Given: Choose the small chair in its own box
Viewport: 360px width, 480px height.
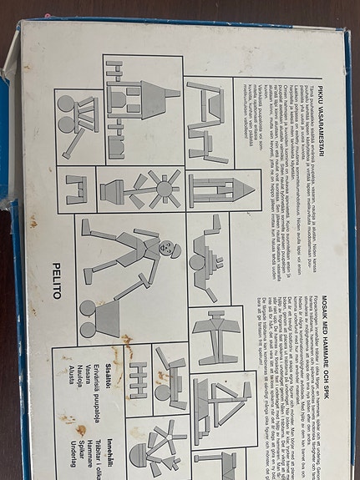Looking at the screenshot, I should click(x=76, y=189).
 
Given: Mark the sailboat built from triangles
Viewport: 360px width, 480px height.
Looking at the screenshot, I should click(x=221, y=402).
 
